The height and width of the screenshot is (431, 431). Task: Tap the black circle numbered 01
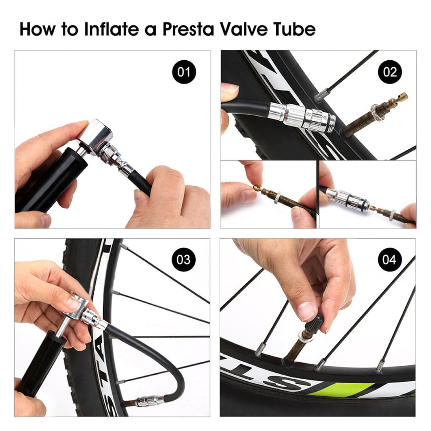(x=184, y=72)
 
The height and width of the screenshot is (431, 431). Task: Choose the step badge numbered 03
(x=184, y=259)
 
